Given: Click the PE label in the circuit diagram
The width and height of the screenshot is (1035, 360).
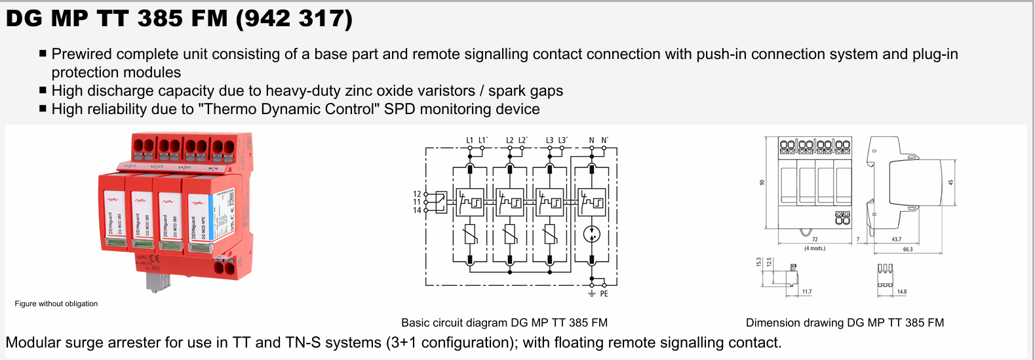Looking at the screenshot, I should [604, 294].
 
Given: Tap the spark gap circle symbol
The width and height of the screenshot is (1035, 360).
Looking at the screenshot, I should [592, 234].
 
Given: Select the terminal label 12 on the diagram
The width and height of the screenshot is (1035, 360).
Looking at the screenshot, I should [417, 194].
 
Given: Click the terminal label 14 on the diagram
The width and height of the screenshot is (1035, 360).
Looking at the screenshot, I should [417, 210].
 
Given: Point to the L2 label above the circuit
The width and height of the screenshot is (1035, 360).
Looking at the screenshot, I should [510, 140].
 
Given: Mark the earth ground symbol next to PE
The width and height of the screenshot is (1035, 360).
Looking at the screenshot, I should [592, 293].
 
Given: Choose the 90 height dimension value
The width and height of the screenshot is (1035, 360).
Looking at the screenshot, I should [762, 182].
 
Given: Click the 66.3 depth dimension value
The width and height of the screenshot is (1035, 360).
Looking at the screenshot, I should [907, 249].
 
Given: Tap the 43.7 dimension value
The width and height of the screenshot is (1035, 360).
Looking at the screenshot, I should [896, 239].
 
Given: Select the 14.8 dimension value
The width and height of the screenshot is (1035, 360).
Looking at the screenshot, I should [902, 292].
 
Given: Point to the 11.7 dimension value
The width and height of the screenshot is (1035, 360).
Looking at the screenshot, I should [806, 292].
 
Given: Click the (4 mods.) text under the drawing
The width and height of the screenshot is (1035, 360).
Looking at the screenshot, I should [815, 249].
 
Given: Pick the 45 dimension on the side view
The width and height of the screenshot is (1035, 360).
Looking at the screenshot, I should [950, 182].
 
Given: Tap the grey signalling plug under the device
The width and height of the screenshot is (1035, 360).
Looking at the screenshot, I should [158, 281].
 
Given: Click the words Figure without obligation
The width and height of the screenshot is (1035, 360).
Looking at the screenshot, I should [56, 304].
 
